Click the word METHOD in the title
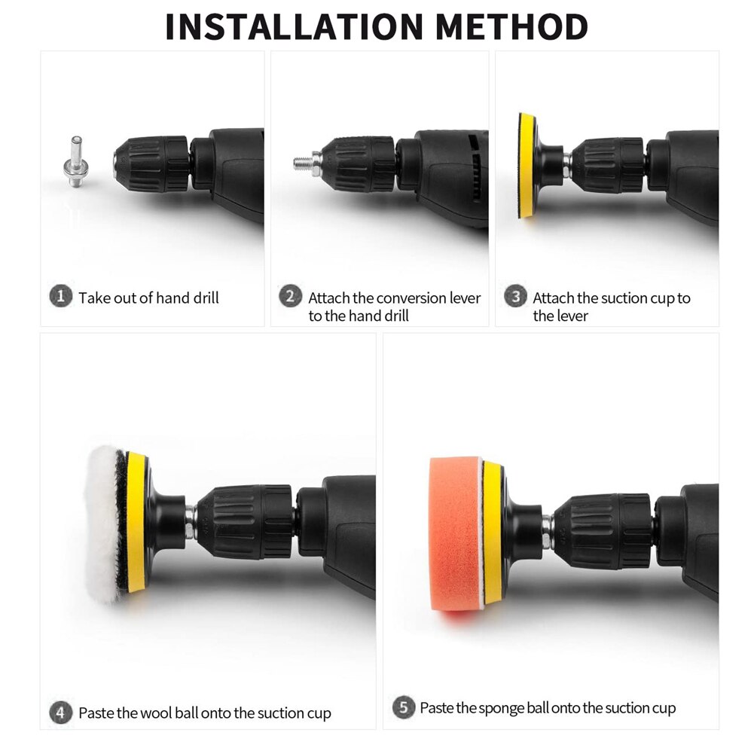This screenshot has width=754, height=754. click(511, 26)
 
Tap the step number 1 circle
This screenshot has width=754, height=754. click(60, 296)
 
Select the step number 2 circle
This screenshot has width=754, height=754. click(291, 296)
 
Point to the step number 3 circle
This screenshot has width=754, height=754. click(515, 296)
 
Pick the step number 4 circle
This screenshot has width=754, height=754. click(60, 712)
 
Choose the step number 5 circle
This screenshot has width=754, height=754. click(404, 707)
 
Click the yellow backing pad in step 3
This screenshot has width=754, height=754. click(527, 166)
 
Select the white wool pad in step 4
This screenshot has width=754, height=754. click(105, 524)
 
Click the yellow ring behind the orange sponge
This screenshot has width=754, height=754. click(492, 534)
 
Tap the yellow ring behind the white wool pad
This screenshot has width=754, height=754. click(138, 524)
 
